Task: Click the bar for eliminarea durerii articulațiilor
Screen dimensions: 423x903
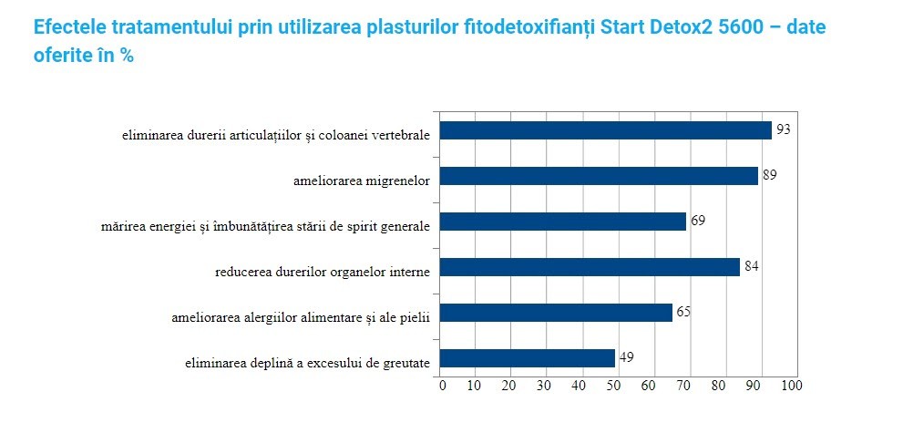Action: click(606, 130)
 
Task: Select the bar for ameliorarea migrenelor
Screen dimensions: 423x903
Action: click(599, 176)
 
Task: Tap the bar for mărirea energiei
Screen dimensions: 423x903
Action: click(563, 222)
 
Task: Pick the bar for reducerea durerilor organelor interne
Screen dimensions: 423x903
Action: click(590, 267)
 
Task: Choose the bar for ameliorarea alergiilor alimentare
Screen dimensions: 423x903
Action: click(556, 313)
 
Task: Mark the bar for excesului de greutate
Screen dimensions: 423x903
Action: click(528, 358)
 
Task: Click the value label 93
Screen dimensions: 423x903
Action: click(782, 129)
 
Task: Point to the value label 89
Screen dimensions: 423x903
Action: click(769, 174)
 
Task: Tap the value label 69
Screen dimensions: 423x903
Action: click(698, 221)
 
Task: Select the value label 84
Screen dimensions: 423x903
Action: click(751, 266)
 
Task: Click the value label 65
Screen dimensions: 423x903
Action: click(683, 312)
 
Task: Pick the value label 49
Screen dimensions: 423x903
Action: click(626, 356)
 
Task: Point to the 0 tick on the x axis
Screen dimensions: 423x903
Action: click(442, 386)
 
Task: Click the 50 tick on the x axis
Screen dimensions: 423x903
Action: click(614, 386)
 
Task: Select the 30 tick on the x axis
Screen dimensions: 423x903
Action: click(545, 386)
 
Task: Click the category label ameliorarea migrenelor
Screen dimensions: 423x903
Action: click(362, 181)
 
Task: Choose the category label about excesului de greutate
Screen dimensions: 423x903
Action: click(306, 363)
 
